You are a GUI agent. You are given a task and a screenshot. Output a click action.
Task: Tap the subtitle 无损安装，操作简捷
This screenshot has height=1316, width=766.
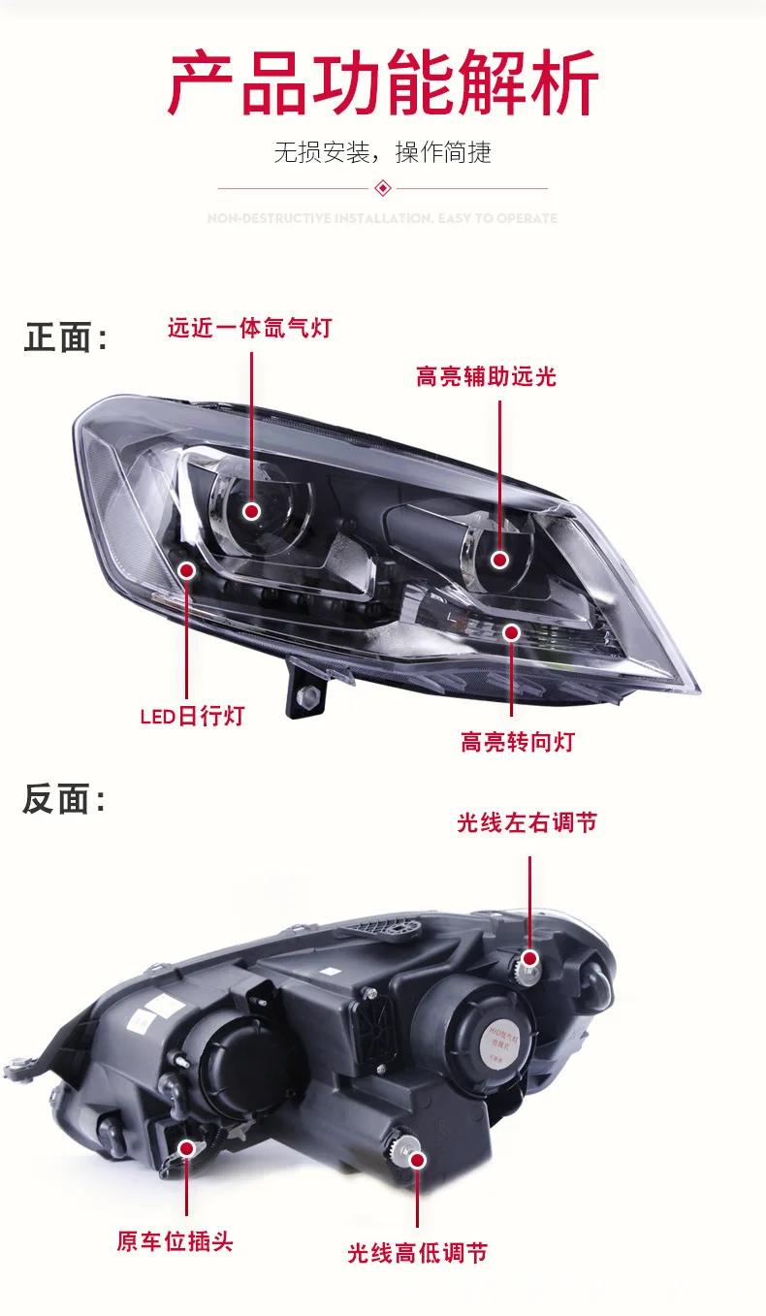(382, 152)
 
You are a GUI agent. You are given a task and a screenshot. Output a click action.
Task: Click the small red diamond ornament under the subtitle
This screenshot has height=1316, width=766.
(382, 187)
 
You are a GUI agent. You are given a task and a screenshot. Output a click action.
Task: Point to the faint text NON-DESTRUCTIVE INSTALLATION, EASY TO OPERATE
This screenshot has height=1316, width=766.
(382, 219)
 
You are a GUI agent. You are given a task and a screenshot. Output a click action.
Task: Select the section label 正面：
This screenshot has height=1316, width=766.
(65, 338)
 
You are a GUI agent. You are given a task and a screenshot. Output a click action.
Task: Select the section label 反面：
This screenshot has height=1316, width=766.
(65, 800)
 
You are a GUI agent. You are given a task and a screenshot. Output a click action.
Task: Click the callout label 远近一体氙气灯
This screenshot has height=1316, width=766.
(249, 328)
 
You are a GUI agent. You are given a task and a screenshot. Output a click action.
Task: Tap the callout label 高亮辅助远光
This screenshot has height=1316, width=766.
(486, 376)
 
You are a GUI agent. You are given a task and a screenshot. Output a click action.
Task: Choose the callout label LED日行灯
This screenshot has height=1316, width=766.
(192, 717)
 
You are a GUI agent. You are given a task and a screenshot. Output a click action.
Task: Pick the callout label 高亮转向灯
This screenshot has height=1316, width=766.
(518, 743)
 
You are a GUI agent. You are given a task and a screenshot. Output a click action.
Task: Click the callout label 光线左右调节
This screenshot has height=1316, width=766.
(527, 823)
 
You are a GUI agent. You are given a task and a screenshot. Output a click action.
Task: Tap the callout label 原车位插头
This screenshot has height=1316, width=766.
(175, 1241)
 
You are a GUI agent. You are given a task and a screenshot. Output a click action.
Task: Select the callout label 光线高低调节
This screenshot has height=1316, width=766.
(417, 1253)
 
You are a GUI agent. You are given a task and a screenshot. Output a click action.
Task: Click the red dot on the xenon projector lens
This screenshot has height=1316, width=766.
(252, 511)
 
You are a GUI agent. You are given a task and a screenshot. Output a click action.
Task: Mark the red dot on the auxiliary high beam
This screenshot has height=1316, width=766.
(499, 560)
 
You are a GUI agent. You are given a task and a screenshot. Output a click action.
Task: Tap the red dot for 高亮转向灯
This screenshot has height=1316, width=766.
(512, 632)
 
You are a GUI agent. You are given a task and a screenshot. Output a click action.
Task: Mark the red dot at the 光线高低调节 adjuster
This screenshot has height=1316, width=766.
(418, 1159)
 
